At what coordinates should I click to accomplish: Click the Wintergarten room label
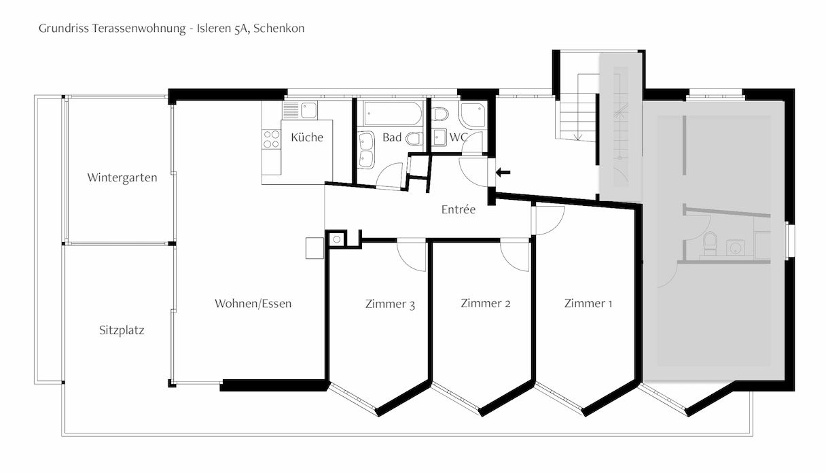pyautogui.click(x=122, y=178)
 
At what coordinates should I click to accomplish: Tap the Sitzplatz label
pyautogui.click(x=122, y=331)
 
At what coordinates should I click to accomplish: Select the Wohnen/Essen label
pyautogui.click(x=253, y=304)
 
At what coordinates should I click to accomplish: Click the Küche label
pyautogui.click(x=307, y=137)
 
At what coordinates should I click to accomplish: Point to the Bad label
pyautogui.click(x=391, y=137)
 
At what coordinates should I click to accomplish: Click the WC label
pyautogui.click(x=459, y=137)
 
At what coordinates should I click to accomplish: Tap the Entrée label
pyautogui.click(x=459, y=210)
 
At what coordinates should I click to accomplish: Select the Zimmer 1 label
pyautogui.click(x=588, y=304)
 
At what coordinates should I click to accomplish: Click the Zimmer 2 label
pyautogui.click(x=485, y=304)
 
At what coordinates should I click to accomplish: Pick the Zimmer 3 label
pyautogui.click(x=390, y=304)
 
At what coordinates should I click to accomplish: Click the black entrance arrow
pyautogui.click(x=503, y=173)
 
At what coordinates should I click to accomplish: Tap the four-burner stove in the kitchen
pyautogui.click(x=272, y=139)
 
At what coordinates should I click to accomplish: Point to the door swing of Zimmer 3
pyautogui.click(x=411, y=256)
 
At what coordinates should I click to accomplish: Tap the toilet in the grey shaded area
pyautogui.click(x=710, y=243)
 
